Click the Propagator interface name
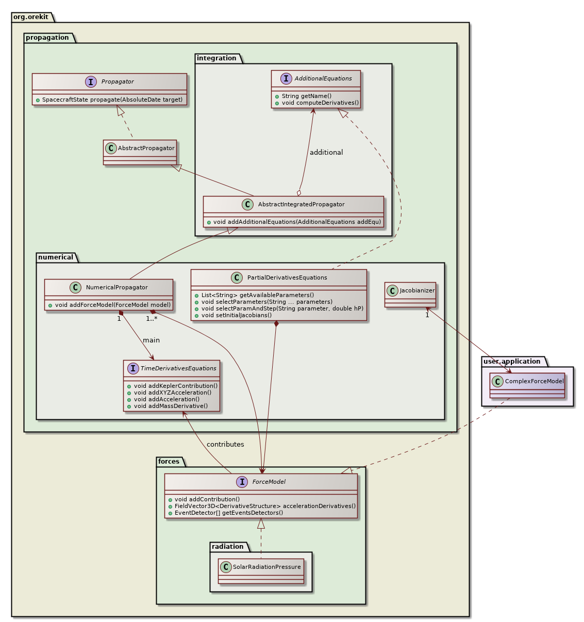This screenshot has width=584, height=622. pyautogui.click(x=118, y=81)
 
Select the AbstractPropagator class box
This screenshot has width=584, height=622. pyautogui.click(x=140, y=152)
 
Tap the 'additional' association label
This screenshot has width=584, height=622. pyautogui.click(x=326, y=152)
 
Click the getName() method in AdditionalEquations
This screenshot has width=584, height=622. pyautogui.click(x=306, y=96)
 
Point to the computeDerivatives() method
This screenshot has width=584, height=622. pyautogui.click(x=320, y=103)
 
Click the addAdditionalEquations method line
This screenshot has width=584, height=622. pyautogui.click(x=296, y=222)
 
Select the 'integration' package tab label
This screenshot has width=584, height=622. pyautogui.click(x=216, y=58)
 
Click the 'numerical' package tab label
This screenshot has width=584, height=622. pyautogui.click(x=56, y=257)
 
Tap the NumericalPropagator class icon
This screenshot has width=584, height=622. pyautogui.click(x=75, y=287)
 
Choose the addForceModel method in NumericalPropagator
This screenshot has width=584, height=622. pyautogui.click(x=112, y=305)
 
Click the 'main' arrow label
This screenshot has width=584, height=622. pyautogui.click(x=151, y=340)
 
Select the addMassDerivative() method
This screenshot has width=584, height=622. pyautogui.click(x=171, y=406)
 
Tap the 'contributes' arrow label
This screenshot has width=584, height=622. pyautogui.click(x=225, y=445)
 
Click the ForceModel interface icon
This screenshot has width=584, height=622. pyautogui.click(x=241, y=482)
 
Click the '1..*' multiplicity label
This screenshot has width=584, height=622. pyautogui.click(x=152, y=319)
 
